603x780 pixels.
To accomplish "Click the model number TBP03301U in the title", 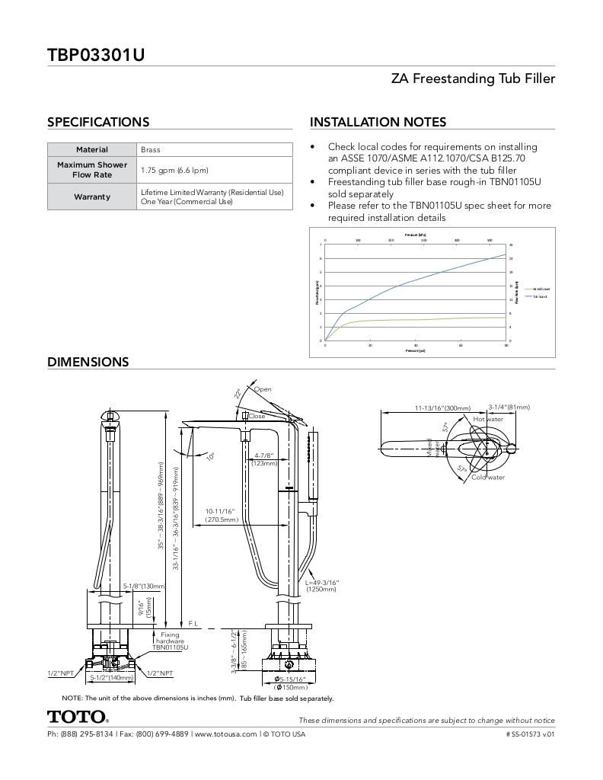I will tap(96, 55).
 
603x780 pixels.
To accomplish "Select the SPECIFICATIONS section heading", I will tap(98, 122).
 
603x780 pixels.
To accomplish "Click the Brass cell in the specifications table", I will tap(150, 150).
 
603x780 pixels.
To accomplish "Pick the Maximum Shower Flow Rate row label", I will tap(92, 169).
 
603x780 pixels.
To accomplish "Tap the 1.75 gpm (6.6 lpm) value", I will tap(174, 170).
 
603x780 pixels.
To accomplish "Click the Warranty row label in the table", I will tap(92, 197).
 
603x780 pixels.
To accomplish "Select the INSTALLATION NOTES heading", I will tap(378, 122).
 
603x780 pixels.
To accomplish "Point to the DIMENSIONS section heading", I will tap(88, 362).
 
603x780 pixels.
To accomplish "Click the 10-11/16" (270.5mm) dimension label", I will tap(221, 515).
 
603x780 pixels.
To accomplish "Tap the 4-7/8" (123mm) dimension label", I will tap(265, 459).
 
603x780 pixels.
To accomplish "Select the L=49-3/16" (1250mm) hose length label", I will tap(321, 586).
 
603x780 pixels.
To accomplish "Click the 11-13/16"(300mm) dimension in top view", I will tap(442, 408).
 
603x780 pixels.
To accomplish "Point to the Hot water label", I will tap(488, 419).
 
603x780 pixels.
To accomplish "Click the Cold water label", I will tap(488, 478).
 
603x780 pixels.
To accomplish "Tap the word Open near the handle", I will tap(263, 389).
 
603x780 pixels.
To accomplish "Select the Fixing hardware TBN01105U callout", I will tap(170, 641).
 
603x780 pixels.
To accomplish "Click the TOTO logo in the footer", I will tap(78, 717).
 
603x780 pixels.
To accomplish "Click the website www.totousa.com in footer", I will tap(225, 734).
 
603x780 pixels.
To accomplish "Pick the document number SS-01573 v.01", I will tap(530, 734).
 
